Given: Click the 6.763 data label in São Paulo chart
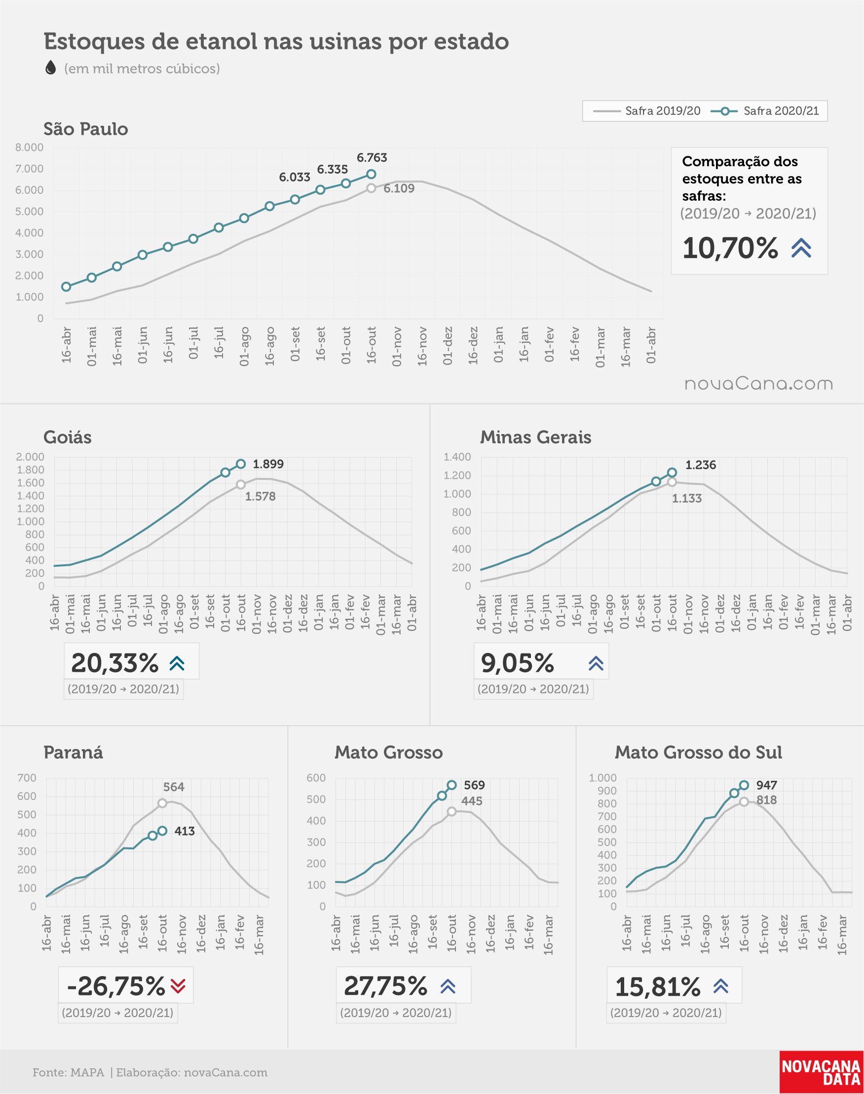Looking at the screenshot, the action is [372, 158].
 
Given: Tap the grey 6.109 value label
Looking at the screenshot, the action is [399, 188].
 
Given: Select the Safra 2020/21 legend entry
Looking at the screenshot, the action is [765, 111].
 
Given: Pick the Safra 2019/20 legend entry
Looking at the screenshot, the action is [646, 111].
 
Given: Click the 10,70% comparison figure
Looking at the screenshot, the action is [730, 248].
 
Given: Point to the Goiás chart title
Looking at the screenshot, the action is [68, 437].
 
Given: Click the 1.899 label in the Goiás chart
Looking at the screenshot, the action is [268, 464].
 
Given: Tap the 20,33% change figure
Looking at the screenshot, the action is [115, 663].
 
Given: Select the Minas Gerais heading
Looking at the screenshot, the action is [536, 437].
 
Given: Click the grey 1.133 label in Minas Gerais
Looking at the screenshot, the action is [687, 499].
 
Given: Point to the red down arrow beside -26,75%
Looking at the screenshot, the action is [178, 986].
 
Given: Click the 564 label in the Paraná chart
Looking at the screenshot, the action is [174, 787].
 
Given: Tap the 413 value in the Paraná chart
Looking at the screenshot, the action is [185, 831].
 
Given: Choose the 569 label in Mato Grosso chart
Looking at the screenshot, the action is [475, 785].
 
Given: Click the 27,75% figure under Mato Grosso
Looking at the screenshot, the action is [386, 986].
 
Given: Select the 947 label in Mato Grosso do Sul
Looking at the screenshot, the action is [767, 785].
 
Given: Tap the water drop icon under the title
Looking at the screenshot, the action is [51, 67].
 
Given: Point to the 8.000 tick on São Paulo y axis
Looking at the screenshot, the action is [29, 147].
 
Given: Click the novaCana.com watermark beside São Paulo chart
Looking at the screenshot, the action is [758, 384].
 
